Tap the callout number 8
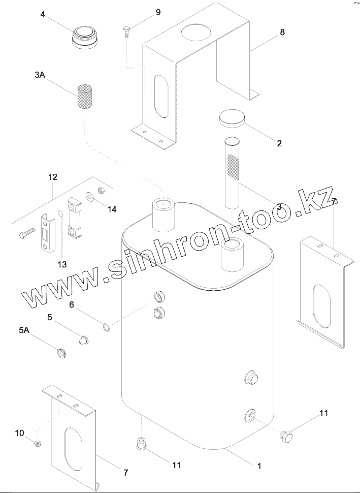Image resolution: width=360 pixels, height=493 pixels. [x=282, y=32]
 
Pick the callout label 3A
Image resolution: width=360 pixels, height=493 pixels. [x=40, y=75]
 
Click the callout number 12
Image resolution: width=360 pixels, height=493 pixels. [x=53, y=177]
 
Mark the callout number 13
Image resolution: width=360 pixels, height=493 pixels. [x=62, y=264]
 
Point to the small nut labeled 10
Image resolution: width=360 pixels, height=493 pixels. [x=37, y=444]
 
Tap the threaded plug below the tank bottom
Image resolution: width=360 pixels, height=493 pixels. [x=140, y=444]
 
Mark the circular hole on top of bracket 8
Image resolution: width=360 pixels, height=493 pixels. [x=196, y=33]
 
